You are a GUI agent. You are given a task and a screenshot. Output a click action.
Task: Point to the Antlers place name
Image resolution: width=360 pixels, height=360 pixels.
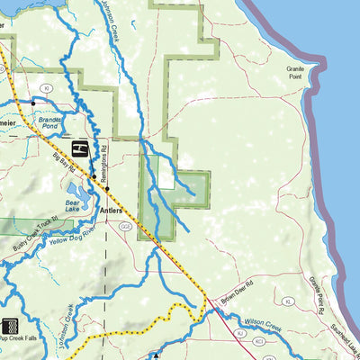coord(111,211)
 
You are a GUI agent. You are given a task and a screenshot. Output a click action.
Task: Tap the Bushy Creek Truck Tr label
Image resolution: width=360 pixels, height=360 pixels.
coord(35,230)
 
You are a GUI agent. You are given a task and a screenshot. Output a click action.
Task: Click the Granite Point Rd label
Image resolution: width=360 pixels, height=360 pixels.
coord(316,292)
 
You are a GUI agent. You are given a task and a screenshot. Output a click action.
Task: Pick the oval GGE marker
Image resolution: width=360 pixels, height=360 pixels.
coord(125,226)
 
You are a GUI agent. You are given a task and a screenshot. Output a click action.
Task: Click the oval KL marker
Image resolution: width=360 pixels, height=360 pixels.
coord(239,333)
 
